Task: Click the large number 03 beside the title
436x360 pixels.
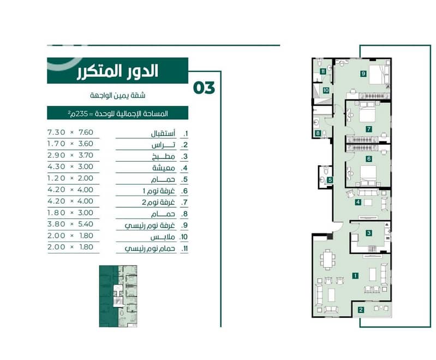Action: pos(204,88)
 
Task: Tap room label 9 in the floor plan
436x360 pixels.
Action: pos(363,74)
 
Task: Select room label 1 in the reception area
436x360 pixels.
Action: pos(355,276)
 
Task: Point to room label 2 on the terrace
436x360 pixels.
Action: pos(361,310)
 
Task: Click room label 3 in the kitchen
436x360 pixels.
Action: pos(369,233)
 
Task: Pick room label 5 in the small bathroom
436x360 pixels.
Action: pos(330,180)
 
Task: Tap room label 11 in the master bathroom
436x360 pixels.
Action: pos(322,72)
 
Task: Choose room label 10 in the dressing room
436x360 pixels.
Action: pos(326,90)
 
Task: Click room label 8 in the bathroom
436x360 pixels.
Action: pos(318,133)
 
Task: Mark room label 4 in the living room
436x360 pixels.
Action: pos(358,202)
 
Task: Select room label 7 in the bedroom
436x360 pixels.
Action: pos(369,129)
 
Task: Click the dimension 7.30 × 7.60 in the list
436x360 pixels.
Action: pos(70,132)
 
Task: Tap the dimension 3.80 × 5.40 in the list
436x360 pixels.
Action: pos(70,224)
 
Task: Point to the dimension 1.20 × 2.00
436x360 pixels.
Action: pos(70,178)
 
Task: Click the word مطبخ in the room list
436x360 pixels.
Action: pos(164,157)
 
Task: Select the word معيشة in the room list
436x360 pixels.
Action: pos(164,168)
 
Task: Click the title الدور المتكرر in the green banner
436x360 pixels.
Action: pos(117,71)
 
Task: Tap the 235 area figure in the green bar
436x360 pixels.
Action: pos(82,114)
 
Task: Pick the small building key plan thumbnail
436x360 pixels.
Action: pos(118,296)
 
